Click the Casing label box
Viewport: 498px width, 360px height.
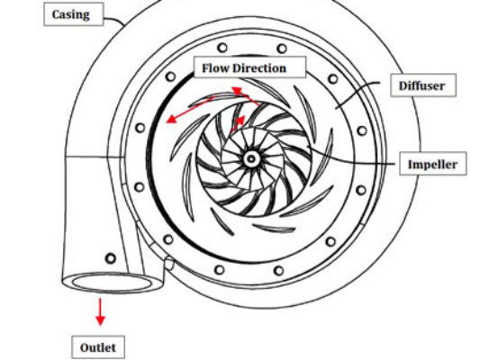click(74, 14)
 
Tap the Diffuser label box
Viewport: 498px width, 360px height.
click(423, 85)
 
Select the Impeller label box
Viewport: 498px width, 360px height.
click(432, 164)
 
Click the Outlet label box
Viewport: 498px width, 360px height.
click(98, 347)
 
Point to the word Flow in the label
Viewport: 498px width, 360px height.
click(216, 67)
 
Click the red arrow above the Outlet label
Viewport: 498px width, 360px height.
click(100, 311)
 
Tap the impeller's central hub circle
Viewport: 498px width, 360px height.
click(251, 158)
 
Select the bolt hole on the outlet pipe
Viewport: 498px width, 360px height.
click(111, 258)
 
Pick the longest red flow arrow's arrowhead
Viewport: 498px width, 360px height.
click(171, 119)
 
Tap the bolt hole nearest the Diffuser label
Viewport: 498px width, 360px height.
click(333, 78)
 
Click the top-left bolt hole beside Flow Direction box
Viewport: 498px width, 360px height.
click(170, 76)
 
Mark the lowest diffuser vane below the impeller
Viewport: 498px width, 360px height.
click(275, 228)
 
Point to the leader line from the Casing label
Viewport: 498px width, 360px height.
click(114, 20)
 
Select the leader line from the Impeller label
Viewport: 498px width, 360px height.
click(352, 160)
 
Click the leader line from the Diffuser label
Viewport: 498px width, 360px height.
click(358, 93)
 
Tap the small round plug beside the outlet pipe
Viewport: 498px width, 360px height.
click(169, 264)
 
